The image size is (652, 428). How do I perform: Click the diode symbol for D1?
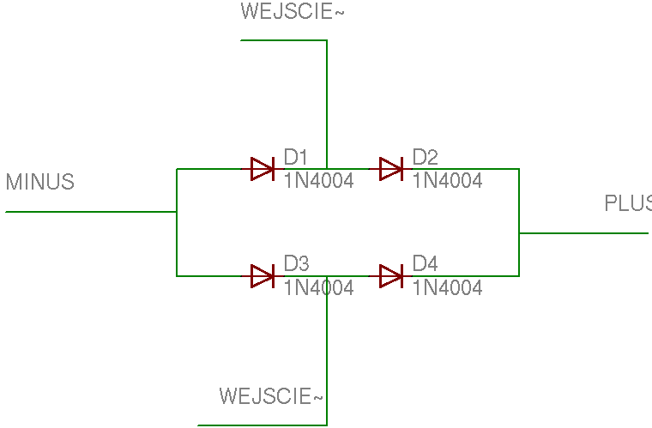pos(263,169)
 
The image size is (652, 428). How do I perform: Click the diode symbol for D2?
pos(391,169)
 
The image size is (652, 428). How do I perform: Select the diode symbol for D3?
pos(263,276)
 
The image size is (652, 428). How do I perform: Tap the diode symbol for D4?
pos(391,276)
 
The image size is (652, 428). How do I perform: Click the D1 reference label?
pos(296,157)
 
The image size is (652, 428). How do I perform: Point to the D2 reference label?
pos(425,157)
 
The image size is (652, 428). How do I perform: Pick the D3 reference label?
pos(297,263)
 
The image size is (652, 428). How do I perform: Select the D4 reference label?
pos(425,263)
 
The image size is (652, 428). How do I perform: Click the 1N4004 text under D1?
pos(319,181)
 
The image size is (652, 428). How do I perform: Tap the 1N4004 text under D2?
pos(448,181)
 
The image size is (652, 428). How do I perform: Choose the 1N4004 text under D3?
pos(319,287)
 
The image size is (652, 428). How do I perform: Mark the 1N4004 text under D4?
pos(448,287)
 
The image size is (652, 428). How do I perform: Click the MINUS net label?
pos(40,182)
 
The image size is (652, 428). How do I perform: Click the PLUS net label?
pos(628,203)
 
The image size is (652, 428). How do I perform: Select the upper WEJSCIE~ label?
pos(293,11)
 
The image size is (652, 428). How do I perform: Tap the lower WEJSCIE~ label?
pos(271,396)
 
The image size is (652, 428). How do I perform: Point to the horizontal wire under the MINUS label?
pos(91,212)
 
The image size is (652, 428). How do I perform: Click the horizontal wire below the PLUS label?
pos(584,233)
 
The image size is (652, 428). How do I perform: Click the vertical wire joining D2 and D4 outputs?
pos(519,222)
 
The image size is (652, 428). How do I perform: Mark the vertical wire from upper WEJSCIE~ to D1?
pos(327,105)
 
